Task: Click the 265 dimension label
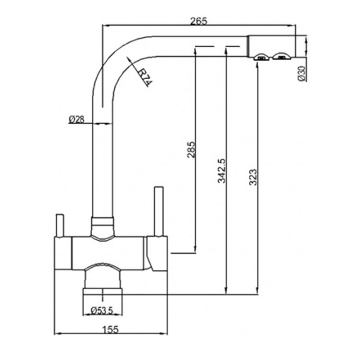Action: click(199, 21)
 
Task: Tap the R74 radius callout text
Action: click(144, 77)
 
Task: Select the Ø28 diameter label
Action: click(76, 119)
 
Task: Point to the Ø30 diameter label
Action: click(301, 73)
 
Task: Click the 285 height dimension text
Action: click(191, 149)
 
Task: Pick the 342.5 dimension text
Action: click(222, 171)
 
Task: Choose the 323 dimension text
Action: click(253, 177)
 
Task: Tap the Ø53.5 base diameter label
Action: click(102, 311)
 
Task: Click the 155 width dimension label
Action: click(110, 330)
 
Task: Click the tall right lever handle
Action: click(159, 211)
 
